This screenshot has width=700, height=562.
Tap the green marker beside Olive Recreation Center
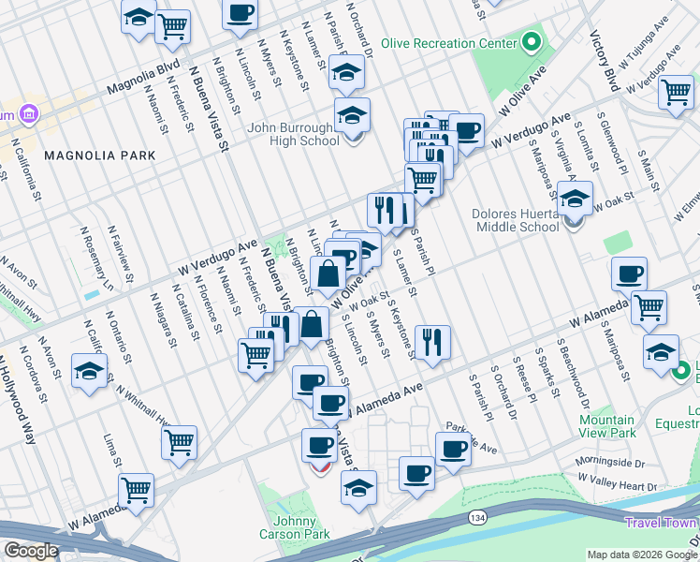532,42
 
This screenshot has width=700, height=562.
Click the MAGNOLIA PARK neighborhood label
92,154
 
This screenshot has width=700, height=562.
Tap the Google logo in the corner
30,551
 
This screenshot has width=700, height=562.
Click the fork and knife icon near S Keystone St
431,342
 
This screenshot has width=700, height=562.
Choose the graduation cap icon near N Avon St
89,371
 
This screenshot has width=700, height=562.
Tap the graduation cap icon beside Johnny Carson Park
358,488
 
